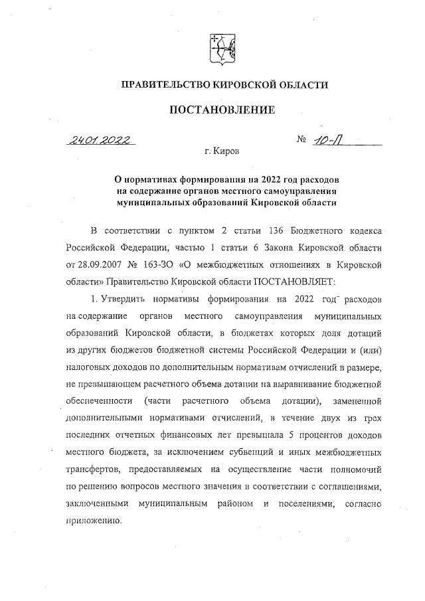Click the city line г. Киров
tap(222, 151)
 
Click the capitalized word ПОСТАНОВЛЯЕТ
tap(299, 282)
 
